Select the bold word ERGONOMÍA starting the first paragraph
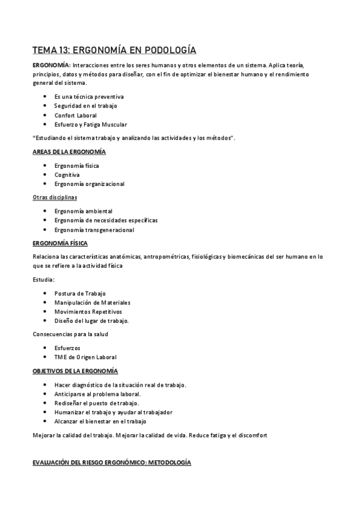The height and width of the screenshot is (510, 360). [50, 64]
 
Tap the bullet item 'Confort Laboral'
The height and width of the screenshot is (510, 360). [75, 115]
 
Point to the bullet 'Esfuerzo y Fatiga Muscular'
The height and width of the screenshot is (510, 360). [90, 124]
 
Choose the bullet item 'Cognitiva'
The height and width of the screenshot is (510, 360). [67, 174]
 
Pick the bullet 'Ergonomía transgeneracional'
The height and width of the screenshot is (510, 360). [93, 230]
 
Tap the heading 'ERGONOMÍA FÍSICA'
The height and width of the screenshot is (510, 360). [59, 243]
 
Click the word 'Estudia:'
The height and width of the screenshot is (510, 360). [44, 280]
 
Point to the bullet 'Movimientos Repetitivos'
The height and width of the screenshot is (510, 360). [88, 312]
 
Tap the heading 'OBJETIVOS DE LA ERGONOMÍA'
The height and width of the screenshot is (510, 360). [75, 371]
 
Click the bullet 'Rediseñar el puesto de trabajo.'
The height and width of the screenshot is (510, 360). [97, 403]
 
